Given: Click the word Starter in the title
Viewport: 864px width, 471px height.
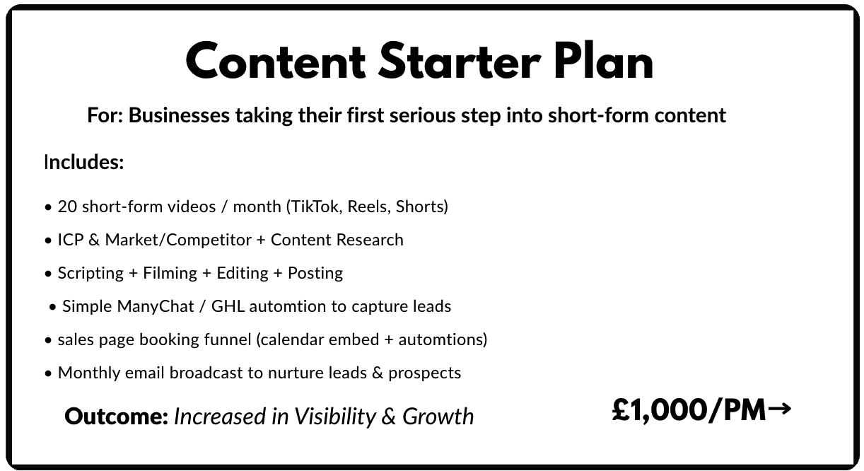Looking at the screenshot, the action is [x=459, y=62].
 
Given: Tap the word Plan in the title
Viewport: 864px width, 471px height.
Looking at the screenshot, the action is [x=604, y=60].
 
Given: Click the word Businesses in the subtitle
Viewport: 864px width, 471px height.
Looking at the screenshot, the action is [x=179, y=115].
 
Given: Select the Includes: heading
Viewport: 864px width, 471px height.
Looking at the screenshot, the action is [x=83, y=162].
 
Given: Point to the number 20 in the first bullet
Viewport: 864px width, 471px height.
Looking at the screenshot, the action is [x=67, y=207].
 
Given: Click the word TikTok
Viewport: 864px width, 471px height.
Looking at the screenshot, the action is [x=317, y=207].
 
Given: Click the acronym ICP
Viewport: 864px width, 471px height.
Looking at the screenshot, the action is [x=71, y=240].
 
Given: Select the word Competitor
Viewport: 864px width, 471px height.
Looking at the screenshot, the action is [x=209, y=240].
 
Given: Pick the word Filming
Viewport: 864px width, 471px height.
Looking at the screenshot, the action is [x=170, y=273].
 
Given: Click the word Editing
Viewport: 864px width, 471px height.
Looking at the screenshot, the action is [x=243, y=273].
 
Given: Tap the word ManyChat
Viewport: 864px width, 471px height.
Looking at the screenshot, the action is [x=155, y=306].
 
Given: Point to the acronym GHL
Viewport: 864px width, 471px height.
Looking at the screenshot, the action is [x=228, y=306].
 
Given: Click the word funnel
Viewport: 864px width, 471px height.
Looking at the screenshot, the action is [x=228, y=339].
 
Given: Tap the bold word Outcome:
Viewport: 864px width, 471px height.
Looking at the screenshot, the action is [x=117, y=417].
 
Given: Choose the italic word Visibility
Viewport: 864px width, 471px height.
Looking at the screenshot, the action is [x=335, y=417].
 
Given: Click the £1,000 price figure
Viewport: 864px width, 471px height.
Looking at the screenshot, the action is [x=659, y=410].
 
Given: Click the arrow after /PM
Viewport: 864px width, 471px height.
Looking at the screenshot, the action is [x=780, y=409].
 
